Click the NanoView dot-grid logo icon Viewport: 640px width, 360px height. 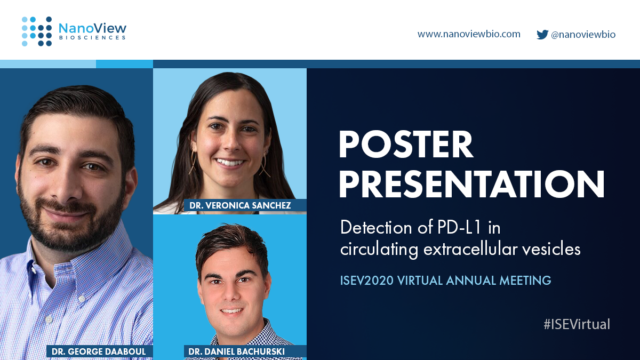pos(37,31)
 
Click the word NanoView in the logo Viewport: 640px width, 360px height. pos(92,28)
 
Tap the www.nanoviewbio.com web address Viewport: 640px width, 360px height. pos(469,34)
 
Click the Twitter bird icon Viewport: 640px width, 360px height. pos(542,35)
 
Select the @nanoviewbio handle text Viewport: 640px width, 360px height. pos(583,35)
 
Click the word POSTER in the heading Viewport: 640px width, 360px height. pos(406,145)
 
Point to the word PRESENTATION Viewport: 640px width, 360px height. pos(471,184)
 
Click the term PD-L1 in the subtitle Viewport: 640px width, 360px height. pos(454,228)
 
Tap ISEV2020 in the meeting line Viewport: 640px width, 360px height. pos(367,280)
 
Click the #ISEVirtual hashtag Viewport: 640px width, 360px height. pos(577,324)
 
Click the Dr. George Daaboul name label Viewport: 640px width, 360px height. pos(100,351)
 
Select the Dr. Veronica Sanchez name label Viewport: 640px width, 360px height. pos(240,205)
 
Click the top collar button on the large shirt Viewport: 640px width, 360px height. pos(49,319)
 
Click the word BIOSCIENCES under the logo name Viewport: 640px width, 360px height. pos(92,38)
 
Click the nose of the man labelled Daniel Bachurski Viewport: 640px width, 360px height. pos(230,295)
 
